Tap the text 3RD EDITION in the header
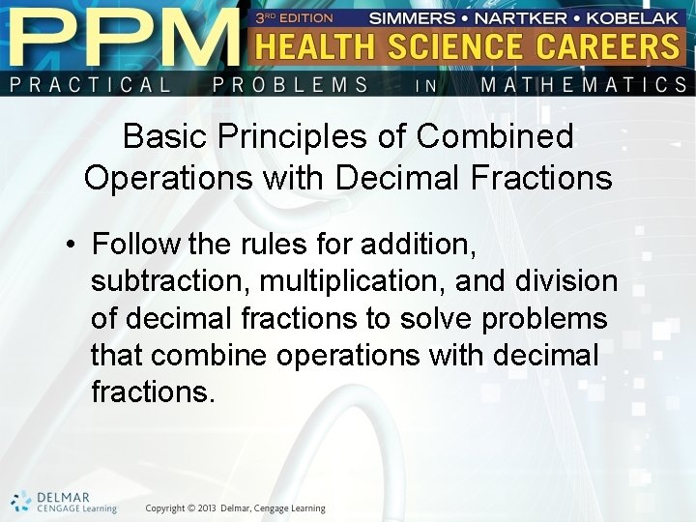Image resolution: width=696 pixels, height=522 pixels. [x=294, y=17]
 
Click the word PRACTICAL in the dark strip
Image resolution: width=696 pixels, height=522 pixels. [x=91, y=85]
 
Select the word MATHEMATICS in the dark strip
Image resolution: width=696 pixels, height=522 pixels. [x=584, y=85]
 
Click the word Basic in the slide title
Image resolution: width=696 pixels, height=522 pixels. [x=164, y=137]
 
